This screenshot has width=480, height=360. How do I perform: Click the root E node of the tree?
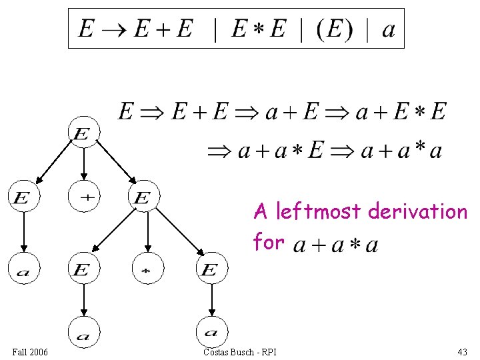(82, 134)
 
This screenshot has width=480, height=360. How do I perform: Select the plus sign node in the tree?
(84, 196)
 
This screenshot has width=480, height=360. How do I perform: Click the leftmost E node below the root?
(22, 197)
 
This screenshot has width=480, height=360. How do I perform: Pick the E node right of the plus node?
(143, 197)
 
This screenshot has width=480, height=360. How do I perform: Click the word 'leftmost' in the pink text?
(315, 212)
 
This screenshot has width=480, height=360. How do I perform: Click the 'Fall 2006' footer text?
(30, 351)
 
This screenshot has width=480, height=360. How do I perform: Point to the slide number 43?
(462, 351)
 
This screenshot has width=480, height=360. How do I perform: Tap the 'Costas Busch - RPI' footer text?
(239, 351)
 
